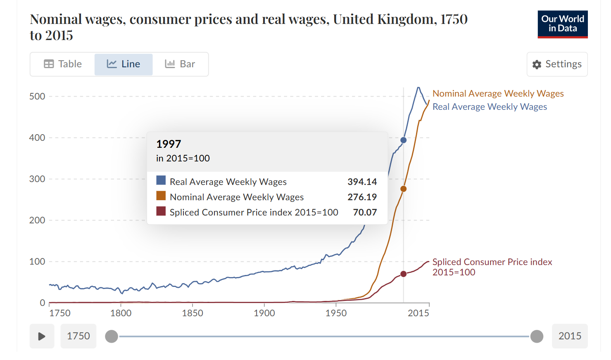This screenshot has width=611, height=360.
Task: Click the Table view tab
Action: pos(63,64)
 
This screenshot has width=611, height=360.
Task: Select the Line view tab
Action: pos(124,64)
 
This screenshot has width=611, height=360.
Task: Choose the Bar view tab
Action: pos(180,64)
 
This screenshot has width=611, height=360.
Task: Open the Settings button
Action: pos(557,64)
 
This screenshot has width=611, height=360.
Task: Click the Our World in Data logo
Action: pos(562,24)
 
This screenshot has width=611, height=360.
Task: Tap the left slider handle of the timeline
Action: pos(112,336)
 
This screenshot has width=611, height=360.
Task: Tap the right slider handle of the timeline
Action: pos(537,336)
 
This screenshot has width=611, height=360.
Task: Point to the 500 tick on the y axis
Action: pos(37,96)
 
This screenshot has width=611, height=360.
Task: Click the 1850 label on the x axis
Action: pos(193,313)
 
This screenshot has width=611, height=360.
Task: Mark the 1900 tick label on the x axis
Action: pos(264,313)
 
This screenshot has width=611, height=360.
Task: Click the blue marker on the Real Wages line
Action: pos(404,140)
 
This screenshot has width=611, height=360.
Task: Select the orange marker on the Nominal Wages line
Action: pos(404,189)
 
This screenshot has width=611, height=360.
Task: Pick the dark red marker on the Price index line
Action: pos(404,274)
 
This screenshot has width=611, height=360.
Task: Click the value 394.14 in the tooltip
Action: pos(362,182)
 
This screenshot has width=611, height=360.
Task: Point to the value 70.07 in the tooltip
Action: pos(365,212)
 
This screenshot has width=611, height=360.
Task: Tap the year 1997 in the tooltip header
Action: pos(169,144)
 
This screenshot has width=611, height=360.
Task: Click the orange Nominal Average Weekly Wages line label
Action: pos(498,94)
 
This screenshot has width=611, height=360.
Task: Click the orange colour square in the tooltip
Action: pos(161,196)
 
